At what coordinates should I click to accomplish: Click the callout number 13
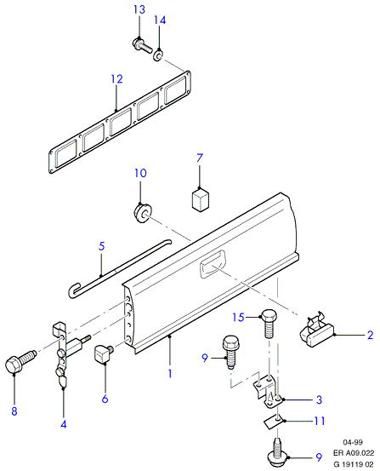click(x=139, y=9)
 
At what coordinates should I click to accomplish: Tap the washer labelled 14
click(x=158, y=55)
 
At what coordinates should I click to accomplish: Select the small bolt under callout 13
click(x=142, y=46)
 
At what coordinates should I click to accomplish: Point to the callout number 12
click(x=117, y=79)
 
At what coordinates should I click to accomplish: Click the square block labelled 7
click(x=200, y=199)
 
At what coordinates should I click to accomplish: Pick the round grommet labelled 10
click(x=142, y=213)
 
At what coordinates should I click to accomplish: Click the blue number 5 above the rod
click(x=102, y=246)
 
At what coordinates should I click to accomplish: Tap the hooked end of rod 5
click(x=73, y=290)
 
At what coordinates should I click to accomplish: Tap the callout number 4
click(x=64, y=424)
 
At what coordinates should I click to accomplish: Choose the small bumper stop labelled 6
click(x=104, y=353)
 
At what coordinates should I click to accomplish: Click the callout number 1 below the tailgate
click(x=170, y=374)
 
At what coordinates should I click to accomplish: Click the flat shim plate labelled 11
click(x=273, y=422)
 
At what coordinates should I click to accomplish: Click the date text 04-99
click(x=353, y=442)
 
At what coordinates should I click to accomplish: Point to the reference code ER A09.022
click(x=354, y=453)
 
